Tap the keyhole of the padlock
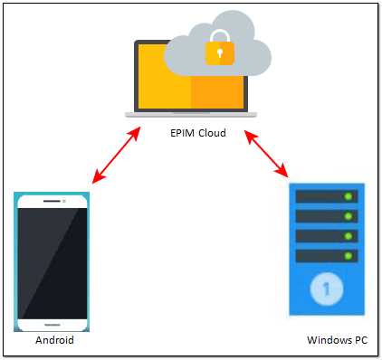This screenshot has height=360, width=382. [218, 55]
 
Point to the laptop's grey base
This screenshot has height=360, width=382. [190, 114]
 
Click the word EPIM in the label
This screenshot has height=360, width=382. [184, 133]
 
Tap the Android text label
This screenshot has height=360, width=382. [53, 342]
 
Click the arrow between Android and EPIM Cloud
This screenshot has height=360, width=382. [117, 156]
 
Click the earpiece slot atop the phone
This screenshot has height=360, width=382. [53, 200]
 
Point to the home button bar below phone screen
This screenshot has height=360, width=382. [53, 323]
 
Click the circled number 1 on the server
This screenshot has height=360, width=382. [323, 289]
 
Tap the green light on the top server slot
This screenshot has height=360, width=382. [348, 196]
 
